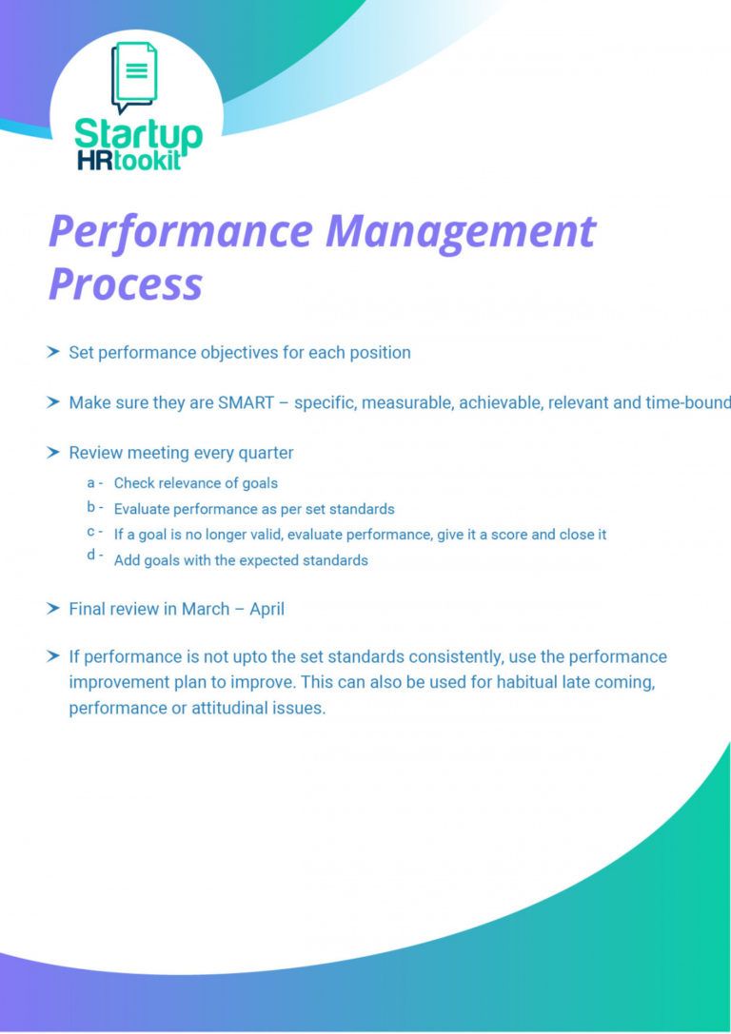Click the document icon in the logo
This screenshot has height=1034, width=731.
coord(135,75)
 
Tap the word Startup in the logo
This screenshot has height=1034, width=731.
coord(138,134)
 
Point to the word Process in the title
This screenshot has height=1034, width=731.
coord(126,283)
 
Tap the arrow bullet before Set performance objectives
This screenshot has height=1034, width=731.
coord(53,352)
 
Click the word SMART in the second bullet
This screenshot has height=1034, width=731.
coord(246,402)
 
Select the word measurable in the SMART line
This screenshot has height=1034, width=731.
coord(408,402)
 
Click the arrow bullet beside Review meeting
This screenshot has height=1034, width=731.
coord(53,453)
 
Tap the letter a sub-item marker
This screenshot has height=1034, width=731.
coord(91,483)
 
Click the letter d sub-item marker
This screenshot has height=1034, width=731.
coord(91,556)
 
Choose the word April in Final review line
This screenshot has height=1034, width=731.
coord(267,609)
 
